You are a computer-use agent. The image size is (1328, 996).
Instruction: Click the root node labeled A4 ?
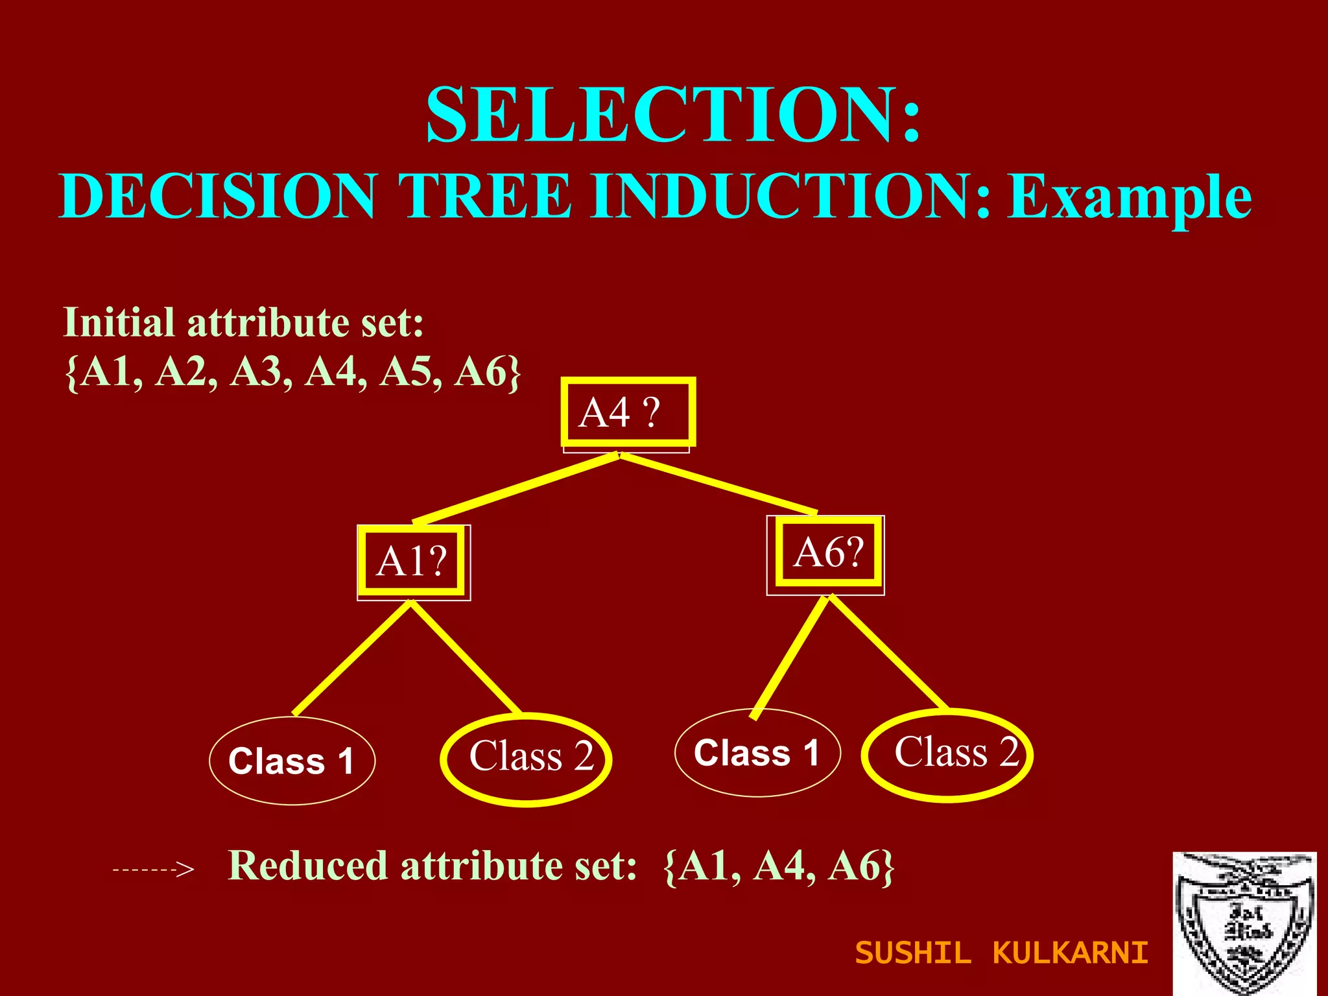pos(628,412)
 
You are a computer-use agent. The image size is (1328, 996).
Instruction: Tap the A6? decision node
pos(828,552)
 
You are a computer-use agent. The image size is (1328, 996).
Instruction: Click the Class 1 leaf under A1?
pos(292,761)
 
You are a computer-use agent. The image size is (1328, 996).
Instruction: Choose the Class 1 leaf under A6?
pos(757,753)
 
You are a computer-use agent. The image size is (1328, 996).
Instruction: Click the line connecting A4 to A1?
pos(516,488)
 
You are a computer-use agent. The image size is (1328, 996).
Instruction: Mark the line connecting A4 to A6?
pos(718,484)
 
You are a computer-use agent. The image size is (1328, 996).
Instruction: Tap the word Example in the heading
pos(1129,197)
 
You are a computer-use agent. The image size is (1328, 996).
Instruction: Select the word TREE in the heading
pos(485,196)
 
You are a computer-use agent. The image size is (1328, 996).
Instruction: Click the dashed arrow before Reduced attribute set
pos(154,869)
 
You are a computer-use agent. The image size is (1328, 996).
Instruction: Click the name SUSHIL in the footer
pos(913,953)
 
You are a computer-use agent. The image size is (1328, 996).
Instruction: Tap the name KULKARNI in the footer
pos(1070,953)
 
